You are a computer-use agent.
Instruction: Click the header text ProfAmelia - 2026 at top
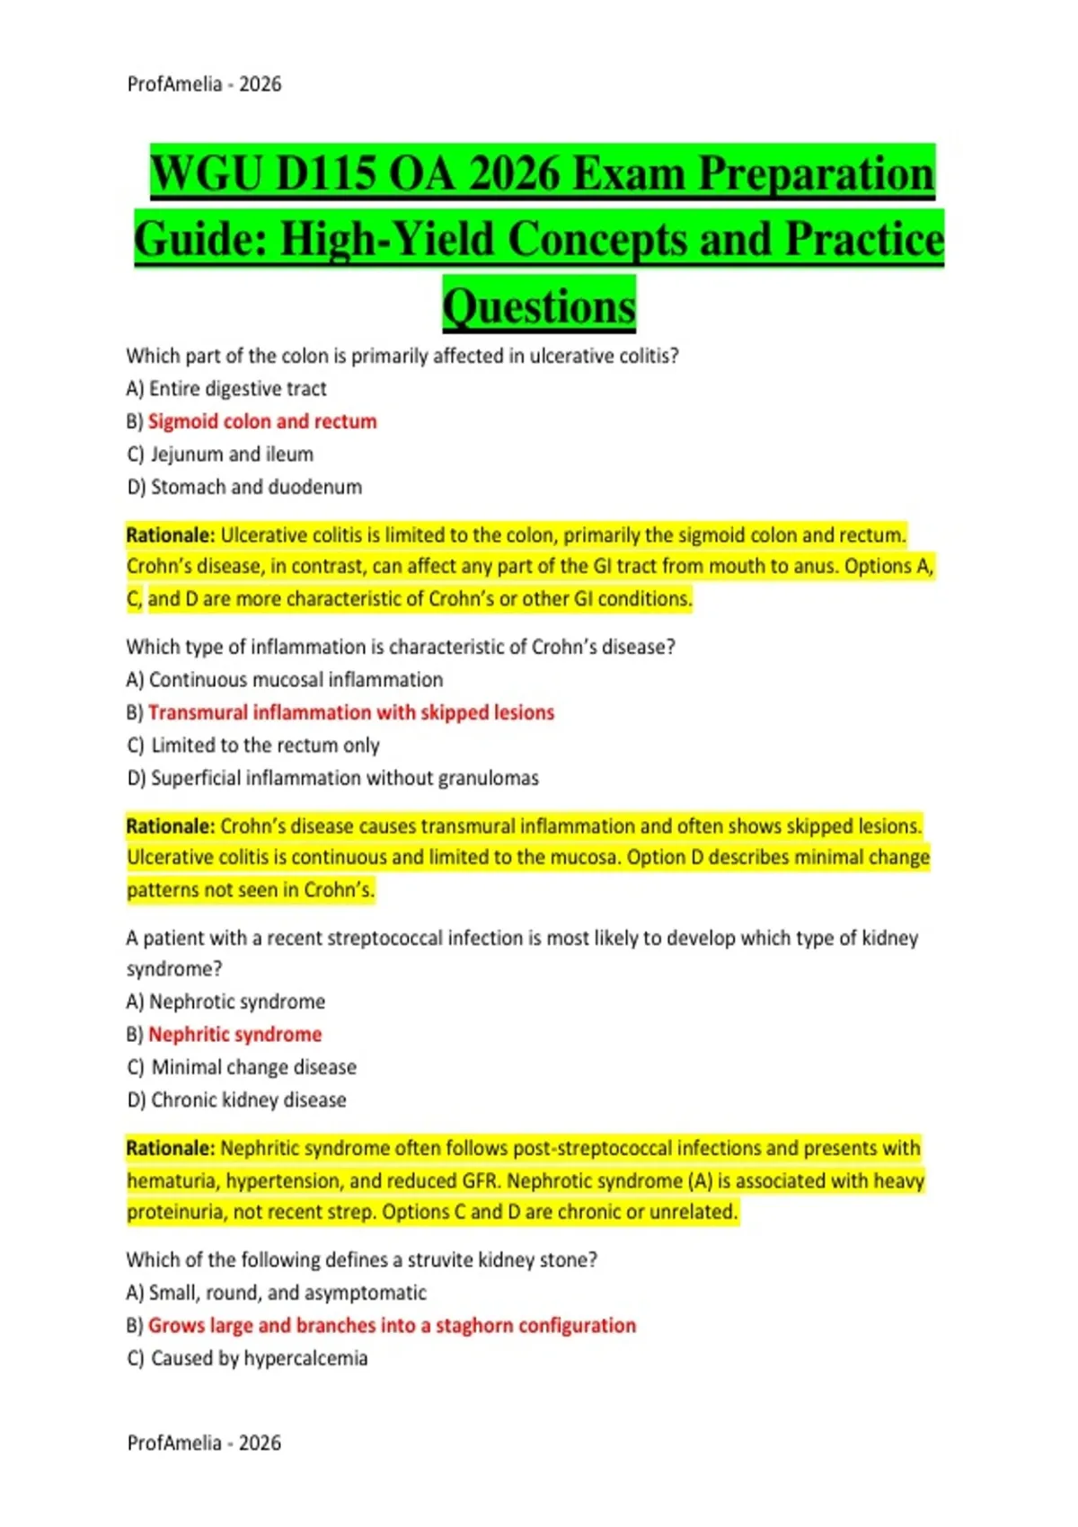click(204, 84)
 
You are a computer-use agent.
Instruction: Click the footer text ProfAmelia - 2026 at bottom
click(204, 1443)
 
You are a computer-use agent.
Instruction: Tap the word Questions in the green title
click(539, 306)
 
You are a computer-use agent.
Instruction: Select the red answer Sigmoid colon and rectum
click(262, 421)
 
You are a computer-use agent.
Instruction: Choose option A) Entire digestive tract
click(226, 389)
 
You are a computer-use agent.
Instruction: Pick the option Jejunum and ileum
click(232, 455)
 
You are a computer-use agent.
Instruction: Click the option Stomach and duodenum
click(256, 487)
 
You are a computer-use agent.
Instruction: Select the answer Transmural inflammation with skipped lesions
click(350, 712)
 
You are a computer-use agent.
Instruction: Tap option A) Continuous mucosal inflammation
click(285, 680)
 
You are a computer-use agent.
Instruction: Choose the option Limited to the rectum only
click(265, 746)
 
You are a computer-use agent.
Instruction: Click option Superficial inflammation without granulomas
click(344, 778)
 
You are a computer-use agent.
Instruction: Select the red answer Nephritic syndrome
click(234, 1035)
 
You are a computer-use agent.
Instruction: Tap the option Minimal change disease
click(253, 1067)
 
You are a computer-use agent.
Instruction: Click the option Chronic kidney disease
click(248, 1099)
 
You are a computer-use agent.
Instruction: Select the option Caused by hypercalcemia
click(259, 1358)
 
